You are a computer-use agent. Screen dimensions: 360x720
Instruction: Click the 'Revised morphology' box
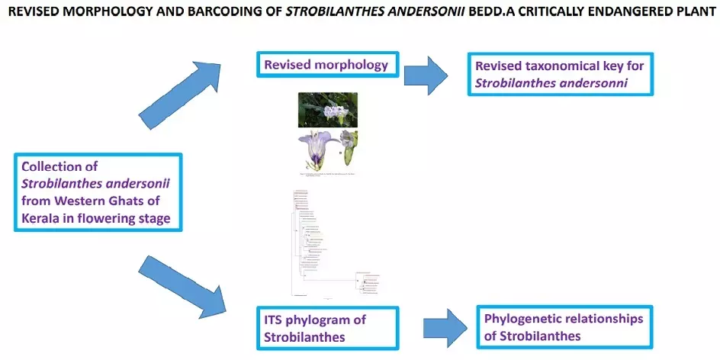326,65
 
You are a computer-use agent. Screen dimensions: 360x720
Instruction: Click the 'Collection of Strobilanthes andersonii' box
98,193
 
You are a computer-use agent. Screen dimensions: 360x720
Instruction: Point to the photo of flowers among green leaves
328,110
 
